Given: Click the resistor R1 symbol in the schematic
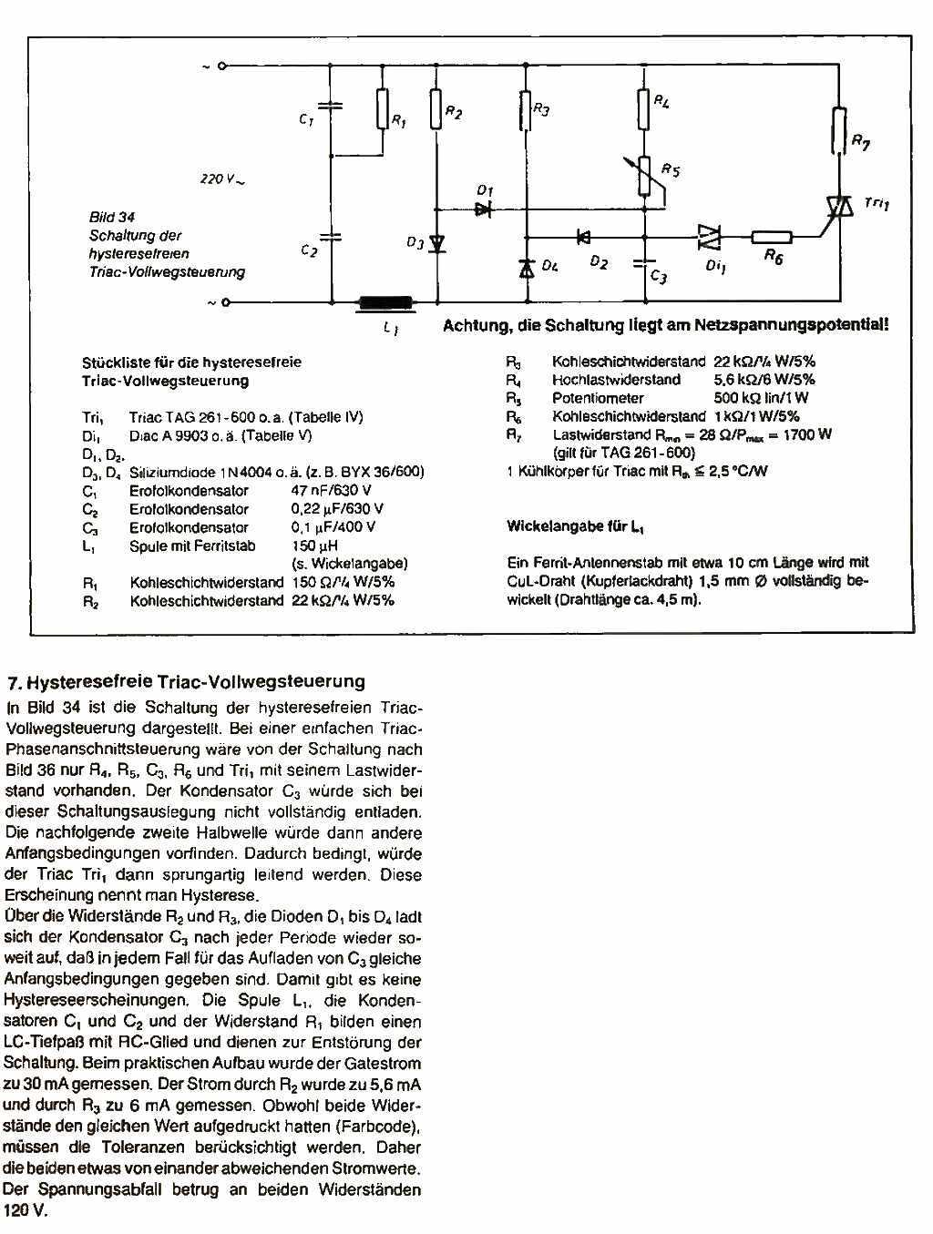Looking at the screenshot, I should [x=382, y=110].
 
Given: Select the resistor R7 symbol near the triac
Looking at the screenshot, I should [x=838, y=129].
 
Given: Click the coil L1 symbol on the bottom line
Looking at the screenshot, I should [x=386, y=304].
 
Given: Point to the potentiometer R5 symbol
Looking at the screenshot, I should [x=645, y=177].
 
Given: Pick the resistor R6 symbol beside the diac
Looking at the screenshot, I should [x=771, y=239].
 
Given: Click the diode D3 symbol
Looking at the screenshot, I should [x=436, y=243].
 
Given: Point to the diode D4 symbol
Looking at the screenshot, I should [x=526, y=268].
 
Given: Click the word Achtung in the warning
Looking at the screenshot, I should [x=472, y=326].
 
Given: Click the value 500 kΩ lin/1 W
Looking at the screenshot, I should [x=760, y=398].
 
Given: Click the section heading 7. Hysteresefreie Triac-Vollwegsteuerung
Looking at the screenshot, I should [x=186, y=681].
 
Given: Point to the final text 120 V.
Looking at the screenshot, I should [x=25, y=1211].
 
